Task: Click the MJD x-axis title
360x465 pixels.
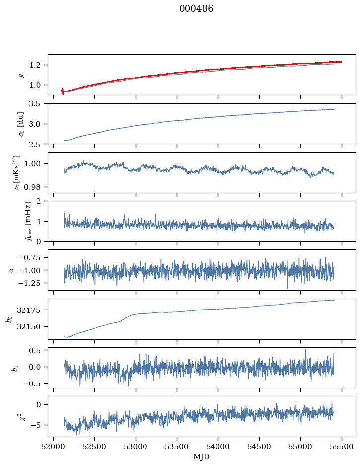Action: pos(202,457)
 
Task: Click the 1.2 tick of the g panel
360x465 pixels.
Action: pos(38,65)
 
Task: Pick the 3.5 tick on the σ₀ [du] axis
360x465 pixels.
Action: pos(38,104)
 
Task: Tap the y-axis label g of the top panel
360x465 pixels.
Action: pos(21,75)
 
